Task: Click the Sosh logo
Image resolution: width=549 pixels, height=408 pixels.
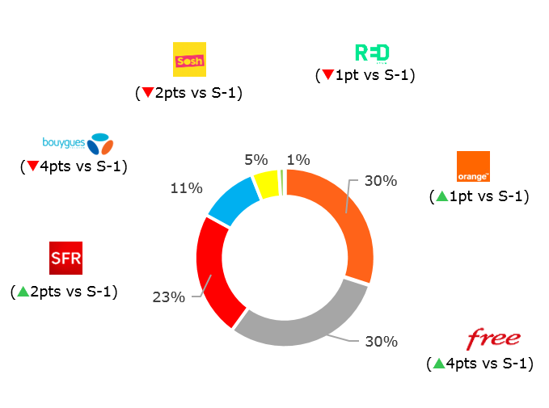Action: coord(190,60)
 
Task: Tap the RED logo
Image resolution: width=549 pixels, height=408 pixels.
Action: coord(372,53)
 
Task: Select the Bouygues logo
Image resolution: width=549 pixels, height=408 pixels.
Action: coord(78,144)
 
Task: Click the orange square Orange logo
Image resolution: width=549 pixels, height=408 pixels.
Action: coord(473,166)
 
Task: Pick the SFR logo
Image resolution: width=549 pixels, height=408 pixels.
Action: coord(66,258)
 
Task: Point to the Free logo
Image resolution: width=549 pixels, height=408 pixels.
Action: coord(493,339)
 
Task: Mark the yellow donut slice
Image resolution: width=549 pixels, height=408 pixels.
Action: coord(266,183)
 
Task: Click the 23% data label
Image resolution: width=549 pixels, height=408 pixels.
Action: coord(169,297)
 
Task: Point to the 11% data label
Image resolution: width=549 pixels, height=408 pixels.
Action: coord(186,188)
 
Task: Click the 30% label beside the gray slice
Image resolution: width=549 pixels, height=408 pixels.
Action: coord(381,342)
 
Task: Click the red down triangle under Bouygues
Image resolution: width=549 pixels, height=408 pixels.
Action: coord(32,166)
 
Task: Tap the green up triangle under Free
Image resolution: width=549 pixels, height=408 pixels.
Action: coord(439,364)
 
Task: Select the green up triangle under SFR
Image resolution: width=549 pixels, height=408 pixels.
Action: coord(23,291)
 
